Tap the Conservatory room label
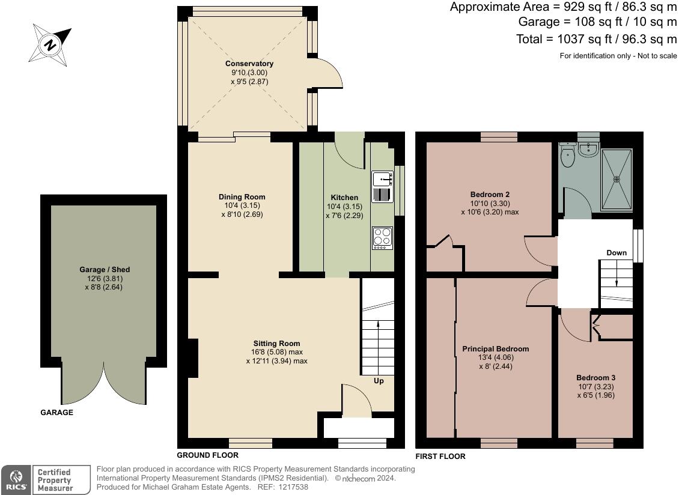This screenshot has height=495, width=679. [249, 64]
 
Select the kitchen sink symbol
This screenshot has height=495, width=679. [383, 178]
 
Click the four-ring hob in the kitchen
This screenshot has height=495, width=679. [382, 237]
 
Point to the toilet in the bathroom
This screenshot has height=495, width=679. [567, 157]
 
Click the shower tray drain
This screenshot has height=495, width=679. [616, 178]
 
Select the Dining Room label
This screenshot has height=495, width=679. [242, 197]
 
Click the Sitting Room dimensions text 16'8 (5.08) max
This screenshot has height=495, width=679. [276, 353]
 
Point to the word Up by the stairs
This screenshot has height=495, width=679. [379, 381]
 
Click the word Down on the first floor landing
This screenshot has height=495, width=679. [616, 253]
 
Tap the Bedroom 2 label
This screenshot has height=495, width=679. [490, 195]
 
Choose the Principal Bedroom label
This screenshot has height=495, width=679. [495, 349]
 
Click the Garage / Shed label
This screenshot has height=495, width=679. [104, 270]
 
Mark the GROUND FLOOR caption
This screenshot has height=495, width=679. [207, 455]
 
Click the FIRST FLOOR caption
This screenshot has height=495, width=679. [440, 457]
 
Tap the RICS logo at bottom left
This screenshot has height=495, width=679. [14, 480]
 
